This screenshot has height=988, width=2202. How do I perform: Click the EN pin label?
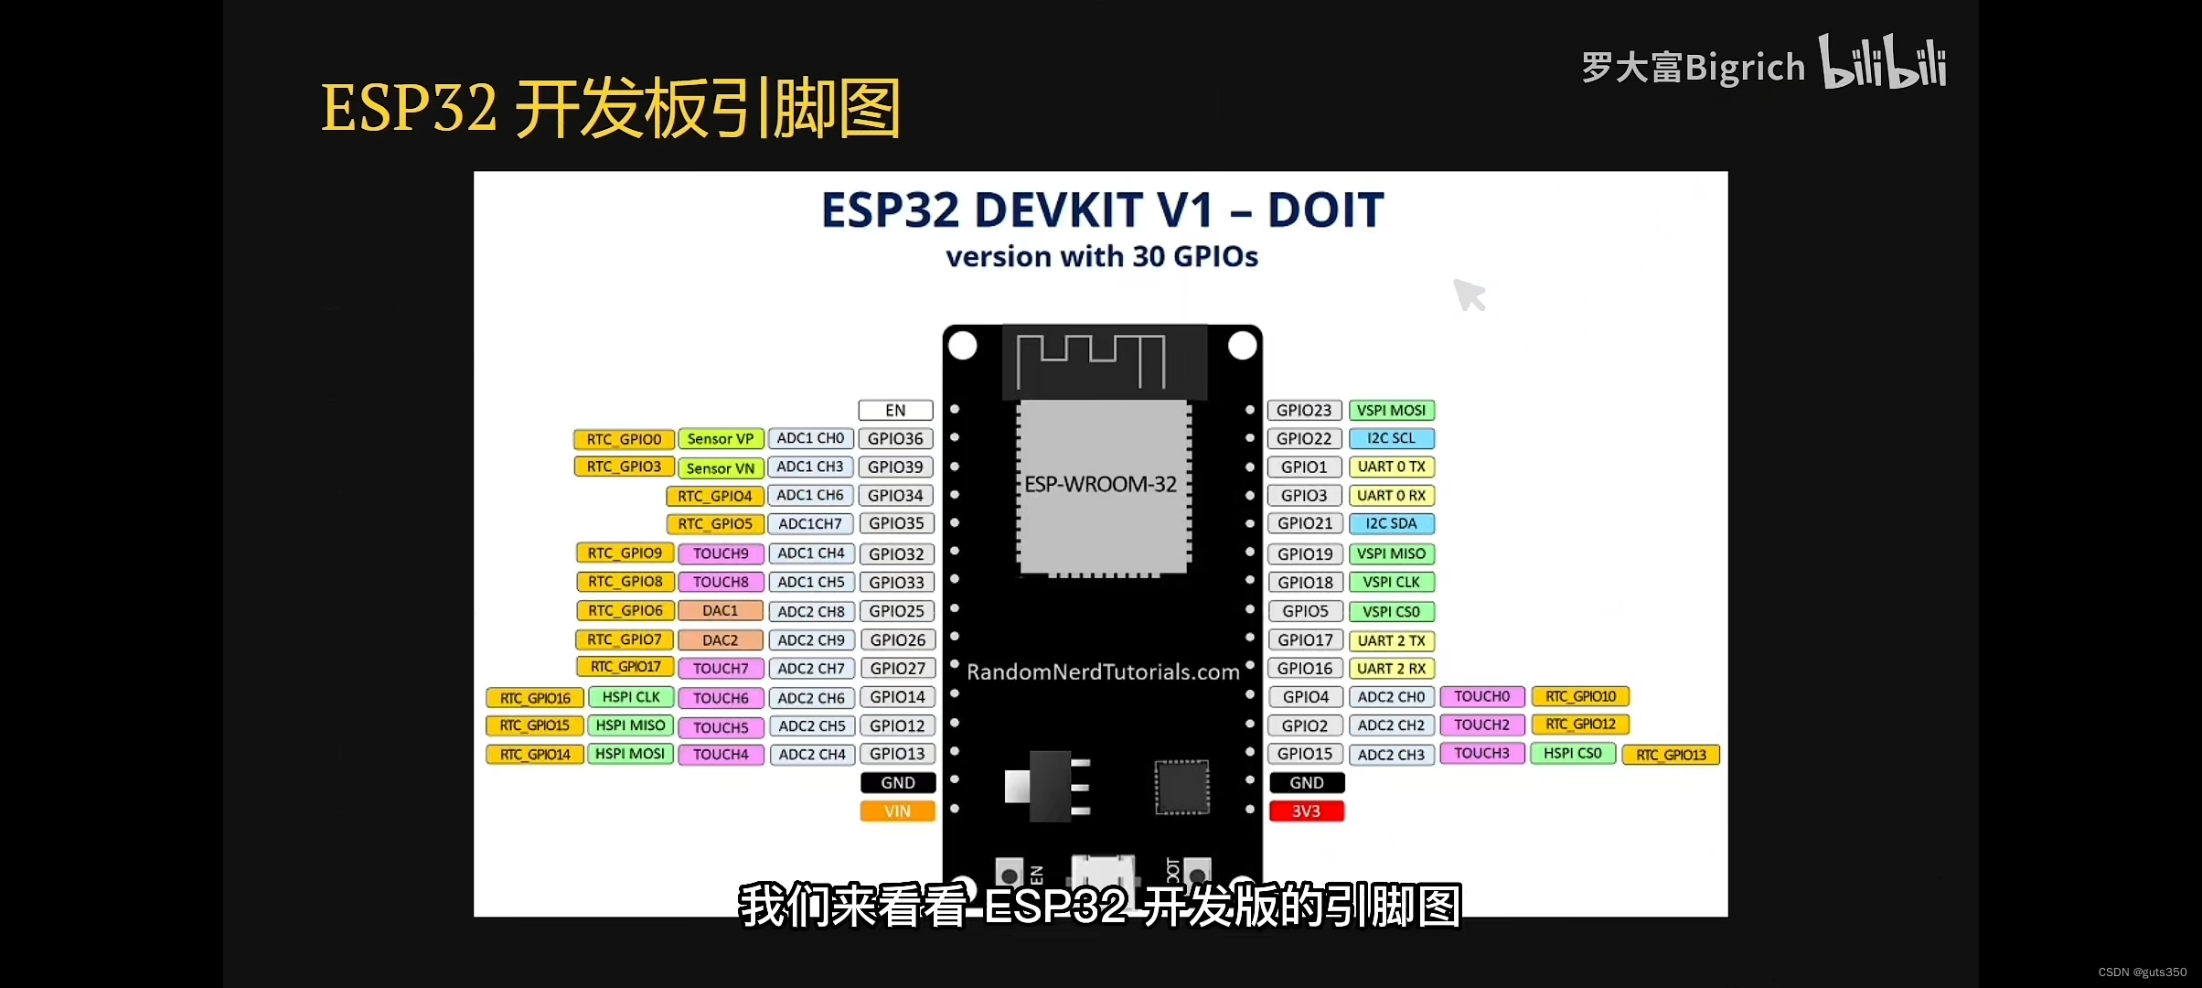pos(895,411)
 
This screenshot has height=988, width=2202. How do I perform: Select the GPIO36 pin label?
pos(895,439)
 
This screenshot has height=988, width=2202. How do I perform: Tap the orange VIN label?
pos(897,811)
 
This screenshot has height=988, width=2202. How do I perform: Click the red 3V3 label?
pos(1306,811)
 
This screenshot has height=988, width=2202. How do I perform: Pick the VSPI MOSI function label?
pos(1391,411)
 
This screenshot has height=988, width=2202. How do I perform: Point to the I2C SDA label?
pos(1391,524)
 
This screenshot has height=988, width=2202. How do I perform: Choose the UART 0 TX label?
pos(1391,467)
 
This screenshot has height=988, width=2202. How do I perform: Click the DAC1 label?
pos(720,611)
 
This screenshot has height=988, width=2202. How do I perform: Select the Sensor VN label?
pos(720,468)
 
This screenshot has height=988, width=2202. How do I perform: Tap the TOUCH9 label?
pos(720,553)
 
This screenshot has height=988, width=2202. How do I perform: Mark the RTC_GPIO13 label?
pos(1671,755)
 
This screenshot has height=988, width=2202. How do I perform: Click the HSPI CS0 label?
pos(1573,754)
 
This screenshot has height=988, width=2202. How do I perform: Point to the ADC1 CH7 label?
pos(810,524)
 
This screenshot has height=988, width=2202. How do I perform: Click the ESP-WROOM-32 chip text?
pos(1100,485)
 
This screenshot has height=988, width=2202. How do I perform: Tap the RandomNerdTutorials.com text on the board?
pos(1103,672)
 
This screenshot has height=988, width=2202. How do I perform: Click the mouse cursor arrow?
pos(1468,295)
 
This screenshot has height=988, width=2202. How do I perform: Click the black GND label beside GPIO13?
pos(897,783)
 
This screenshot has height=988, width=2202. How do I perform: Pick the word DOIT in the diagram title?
pos(1325,210)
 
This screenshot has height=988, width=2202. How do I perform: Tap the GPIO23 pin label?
pos(1304,411)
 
